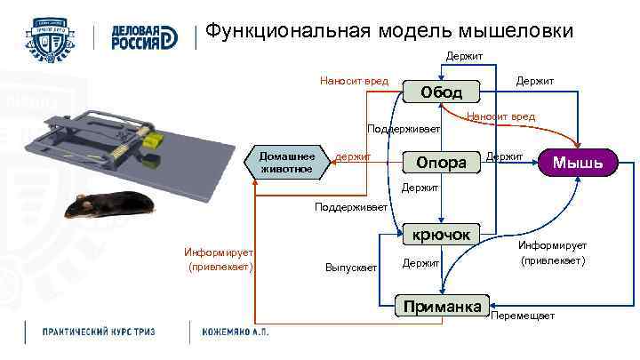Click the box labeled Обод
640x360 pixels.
coord(442,92)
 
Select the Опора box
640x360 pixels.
coord(442,163)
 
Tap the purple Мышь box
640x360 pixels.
coord(578,162)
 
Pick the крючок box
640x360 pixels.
coord(442,235)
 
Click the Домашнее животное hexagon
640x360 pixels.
coord(286,161)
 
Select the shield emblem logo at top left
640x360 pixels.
coord(51,36)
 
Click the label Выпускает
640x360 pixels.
coord(352,267)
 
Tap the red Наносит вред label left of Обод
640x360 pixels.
coord(354,82)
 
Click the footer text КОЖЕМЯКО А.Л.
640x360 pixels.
coord(235,332)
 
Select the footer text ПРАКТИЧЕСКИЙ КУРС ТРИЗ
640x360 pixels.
coord(99,332)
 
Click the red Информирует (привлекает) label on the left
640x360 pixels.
coord(219,258)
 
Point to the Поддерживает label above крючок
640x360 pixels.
coord(352,207)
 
